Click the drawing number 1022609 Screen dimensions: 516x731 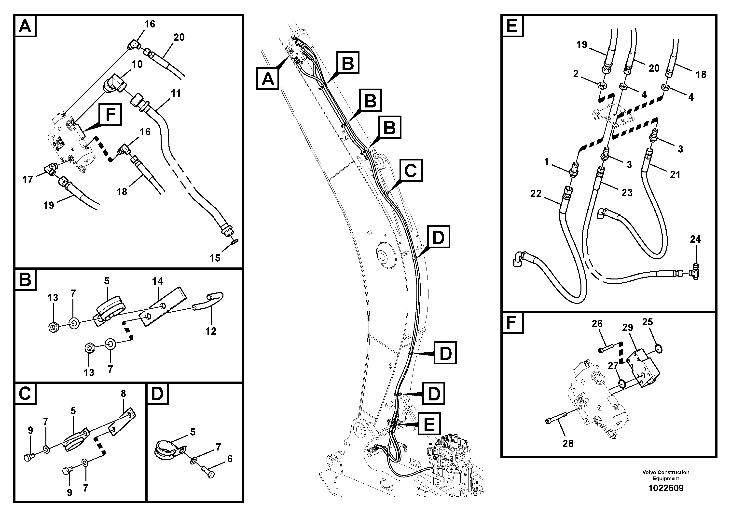(x=666, y=488)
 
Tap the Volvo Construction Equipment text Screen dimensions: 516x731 (x=666, y=475)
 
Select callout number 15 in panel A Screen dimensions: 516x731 (x=215, y=258)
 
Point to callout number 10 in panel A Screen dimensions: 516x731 (x=137, y=64)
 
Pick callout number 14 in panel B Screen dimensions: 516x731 (x=157, y=281)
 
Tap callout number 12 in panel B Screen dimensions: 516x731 (x=210, y=331)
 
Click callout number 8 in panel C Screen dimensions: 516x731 (x=123, y=394)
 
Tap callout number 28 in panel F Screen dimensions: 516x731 (x=568, y=443)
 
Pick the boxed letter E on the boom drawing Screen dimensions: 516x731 (x=429, y=424)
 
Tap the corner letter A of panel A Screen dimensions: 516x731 (x=25, y=26)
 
